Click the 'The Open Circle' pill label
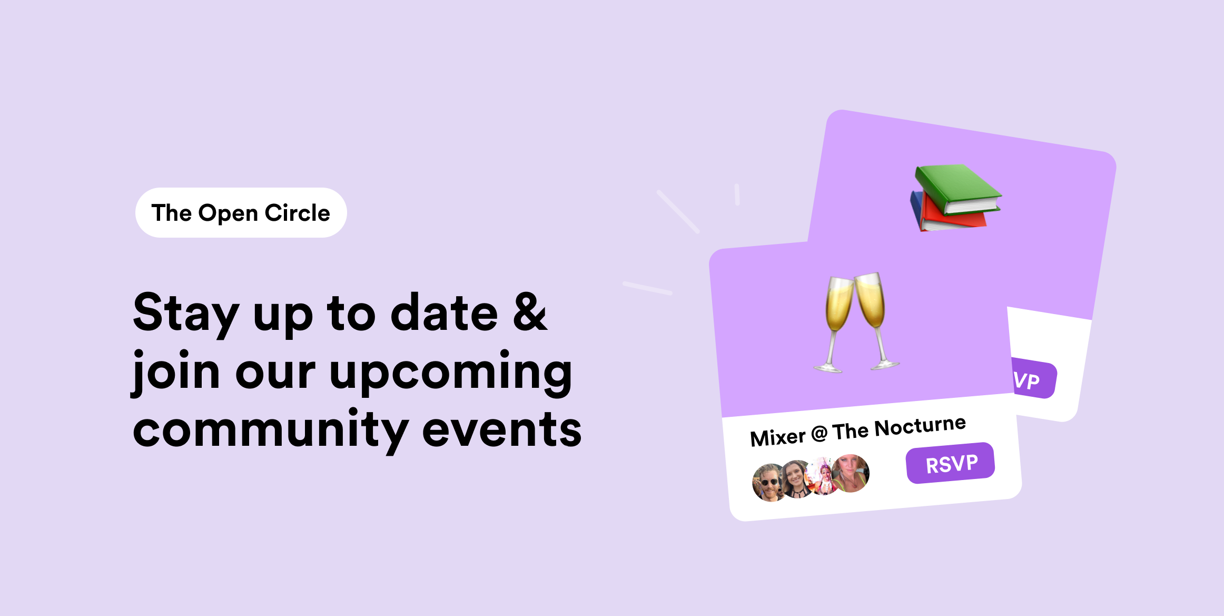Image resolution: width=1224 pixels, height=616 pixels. coord(241,213)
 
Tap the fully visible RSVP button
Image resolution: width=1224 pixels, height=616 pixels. coord(951,463)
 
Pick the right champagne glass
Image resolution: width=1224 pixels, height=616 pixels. coord(874,316)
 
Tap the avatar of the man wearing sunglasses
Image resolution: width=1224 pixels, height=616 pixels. coord(768,482)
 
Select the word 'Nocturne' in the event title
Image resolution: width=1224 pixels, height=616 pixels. coord(920,427)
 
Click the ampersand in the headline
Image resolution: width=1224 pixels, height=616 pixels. coord(530,312)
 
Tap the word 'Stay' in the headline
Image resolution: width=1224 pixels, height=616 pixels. coord(186,314)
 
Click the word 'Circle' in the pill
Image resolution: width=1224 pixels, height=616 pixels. coord(297,213)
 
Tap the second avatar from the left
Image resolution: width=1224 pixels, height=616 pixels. coord(796,479)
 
